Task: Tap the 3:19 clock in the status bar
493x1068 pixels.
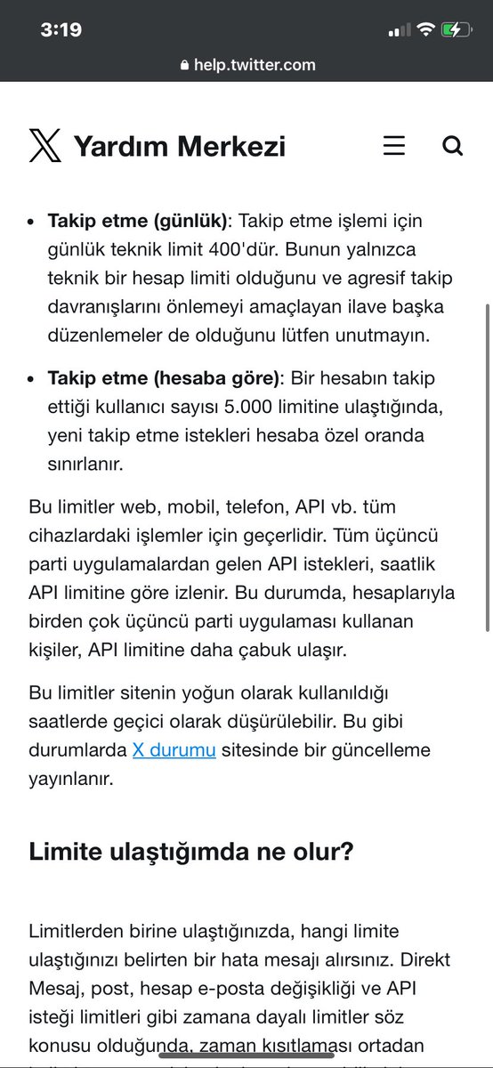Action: [61, 29]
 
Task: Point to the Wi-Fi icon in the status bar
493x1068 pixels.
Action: [426, 29]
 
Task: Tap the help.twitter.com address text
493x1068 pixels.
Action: [255, 65]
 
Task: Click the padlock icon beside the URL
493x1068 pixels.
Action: [184, 65]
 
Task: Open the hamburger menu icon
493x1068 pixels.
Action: [394, 146]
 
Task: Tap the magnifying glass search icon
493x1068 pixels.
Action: [452, 146]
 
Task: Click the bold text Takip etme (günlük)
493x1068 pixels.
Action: [139, 221]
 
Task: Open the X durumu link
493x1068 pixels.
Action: [174, 749]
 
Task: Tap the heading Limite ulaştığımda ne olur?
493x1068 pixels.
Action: [191, 852]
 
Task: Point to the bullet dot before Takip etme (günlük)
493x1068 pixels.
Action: [32, 221]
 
